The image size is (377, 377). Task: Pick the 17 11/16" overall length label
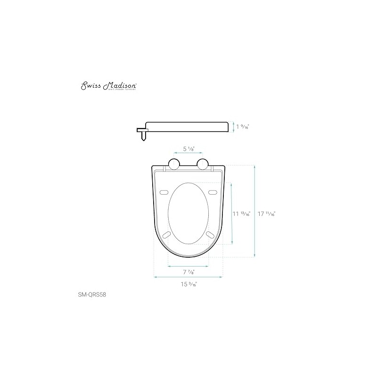point(267,213)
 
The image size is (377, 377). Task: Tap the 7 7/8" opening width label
point(188,272)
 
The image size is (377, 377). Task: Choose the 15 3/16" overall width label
point(188,284)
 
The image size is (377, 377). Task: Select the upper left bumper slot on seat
point(165,192)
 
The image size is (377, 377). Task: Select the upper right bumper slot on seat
point(213,192)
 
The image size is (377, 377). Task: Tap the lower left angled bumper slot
point(166,235)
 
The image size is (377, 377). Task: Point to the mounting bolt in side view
point(143,135)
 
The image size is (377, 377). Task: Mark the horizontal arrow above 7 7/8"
point(188,266)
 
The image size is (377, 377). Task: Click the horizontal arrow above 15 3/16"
point(188,278)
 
